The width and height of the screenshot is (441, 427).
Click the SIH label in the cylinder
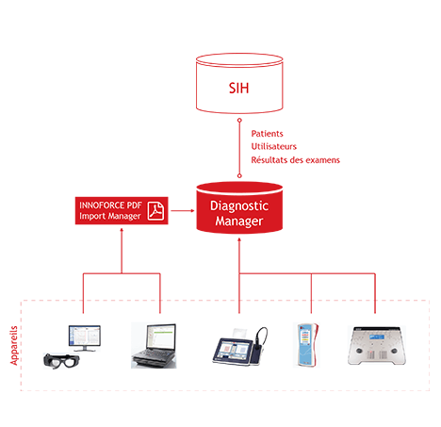238,88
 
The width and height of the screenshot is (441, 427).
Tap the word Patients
267,134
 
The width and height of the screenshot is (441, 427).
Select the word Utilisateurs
273,146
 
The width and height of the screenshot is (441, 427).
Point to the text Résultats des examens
295,160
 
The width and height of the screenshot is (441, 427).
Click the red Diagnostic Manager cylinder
239,207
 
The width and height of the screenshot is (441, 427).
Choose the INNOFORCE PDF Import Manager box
122,210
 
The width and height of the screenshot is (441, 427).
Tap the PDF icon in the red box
155,210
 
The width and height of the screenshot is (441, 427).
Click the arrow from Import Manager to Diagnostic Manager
183,210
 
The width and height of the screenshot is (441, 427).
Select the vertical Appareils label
14,345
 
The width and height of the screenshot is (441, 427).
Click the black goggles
61,361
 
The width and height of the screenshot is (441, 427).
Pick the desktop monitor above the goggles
85,338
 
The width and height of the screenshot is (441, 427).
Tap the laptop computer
154,345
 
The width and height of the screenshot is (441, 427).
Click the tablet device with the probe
240,346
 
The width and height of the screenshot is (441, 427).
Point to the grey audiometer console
377,346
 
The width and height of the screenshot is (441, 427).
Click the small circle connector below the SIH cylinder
239,120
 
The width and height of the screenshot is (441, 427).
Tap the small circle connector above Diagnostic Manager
239,176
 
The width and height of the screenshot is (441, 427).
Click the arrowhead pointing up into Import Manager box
122,230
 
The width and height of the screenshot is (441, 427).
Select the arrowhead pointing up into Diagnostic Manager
239,239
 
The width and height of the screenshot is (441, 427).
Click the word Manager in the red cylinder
239,222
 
